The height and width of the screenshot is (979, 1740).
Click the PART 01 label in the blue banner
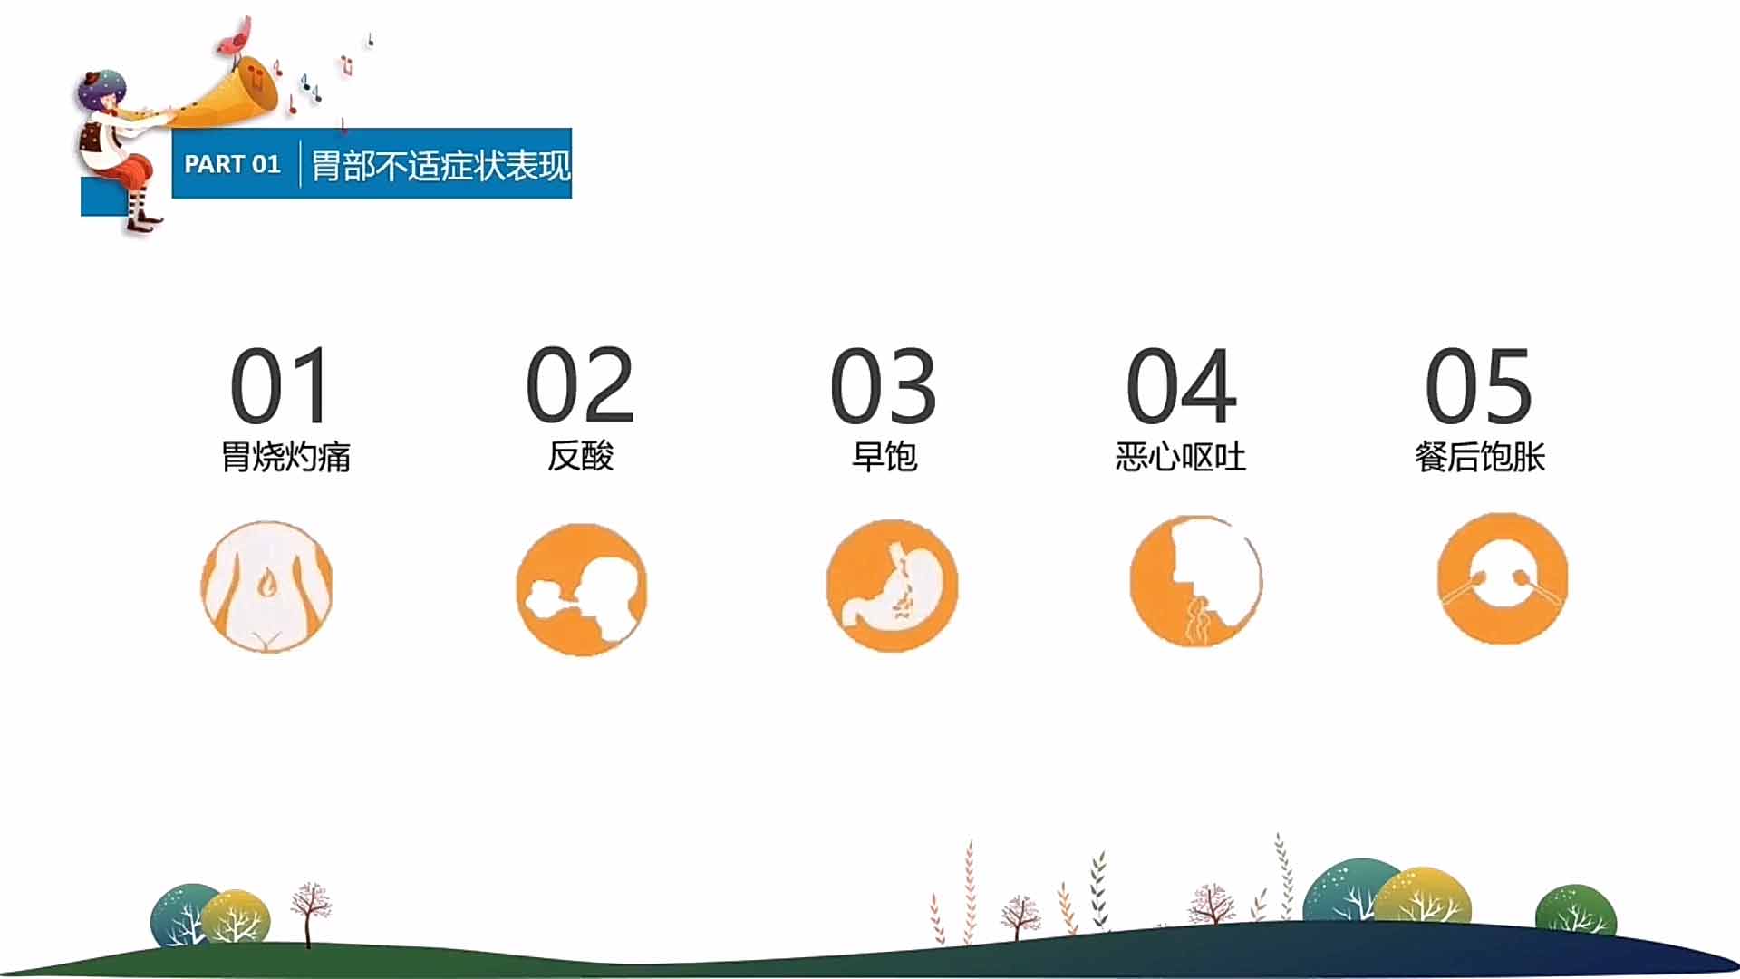pos(232,164)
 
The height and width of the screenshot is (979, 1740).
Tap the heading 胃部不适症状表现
pos(441,165)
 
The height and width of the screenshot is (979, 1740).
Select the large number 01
pos(280,385)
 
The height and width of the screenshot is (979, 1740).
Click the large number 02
pos(580,385)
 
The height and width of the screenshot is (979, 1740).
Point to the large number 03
pos(884,385)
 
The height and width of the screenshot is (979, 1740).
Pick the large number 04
pos(1181,385)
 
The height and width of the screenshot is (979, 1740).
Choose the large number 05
pos(1479,385)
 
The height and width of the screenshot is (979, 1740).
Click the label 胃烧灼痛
pos(285,456)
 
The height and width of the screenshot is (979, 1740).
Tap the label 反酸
pos(580,456)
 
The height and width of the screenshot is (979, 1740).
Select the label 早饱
pos(884,456)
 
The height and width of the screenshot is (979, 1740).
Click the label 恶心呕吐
pos(1181,456)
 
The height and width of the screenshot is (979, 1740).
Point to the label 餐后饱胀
pos(1480,456)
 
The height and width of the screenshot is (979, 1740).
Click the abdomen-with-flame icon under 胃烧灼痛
pos(266,586)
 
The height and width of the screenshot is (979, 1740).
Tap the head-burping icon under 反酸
pos(582,589)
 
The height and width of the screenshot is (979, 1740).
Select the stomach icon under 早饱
pos(893,586)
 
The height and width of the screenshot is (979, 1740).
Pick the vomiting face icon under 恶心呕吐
pos(1196,582)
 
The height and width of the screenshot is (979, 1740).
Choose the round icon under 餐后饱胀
pos(1503,578)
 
